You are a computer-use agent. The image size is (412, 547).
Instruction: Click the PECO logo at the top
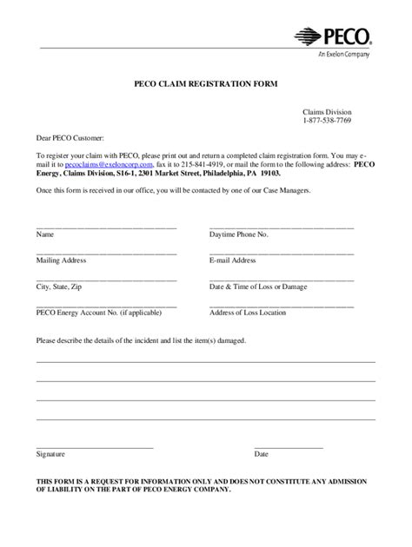(334, 36)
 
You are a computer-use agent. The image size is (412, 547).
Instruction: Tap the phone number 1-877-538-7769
(328, 120)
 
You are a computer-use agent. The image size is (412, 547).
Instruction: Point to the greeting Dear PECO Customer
(70, 137)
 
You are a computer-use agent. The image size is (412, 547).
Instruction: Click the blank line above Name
(106, 227)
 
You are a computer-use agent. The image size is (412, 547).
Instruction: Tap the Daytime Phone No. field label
(239, 234)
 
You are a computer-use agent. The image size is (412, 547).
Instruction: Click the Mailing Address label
(63, 260)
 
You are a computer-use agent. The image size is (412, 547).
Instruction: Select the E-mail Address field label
(233, 260)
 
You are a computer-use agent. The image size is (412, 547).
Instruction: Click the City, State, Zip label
(59, 285)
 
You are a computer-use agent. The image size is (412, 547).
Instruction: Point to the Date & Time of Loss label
(258, 285)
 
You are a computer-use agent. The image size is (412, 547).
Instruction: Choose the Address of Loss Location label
(248, 311)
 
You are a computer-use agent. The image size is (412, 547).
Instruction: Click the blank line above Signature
(94, 446)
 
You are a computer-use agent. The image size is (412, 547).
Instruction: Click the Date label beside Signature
(261, 454)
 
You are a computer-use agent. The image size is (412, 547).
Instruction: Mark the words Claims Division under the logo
(327, 112)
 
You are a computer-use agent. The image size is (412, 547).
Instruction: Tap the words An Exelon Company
(343, 54)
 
